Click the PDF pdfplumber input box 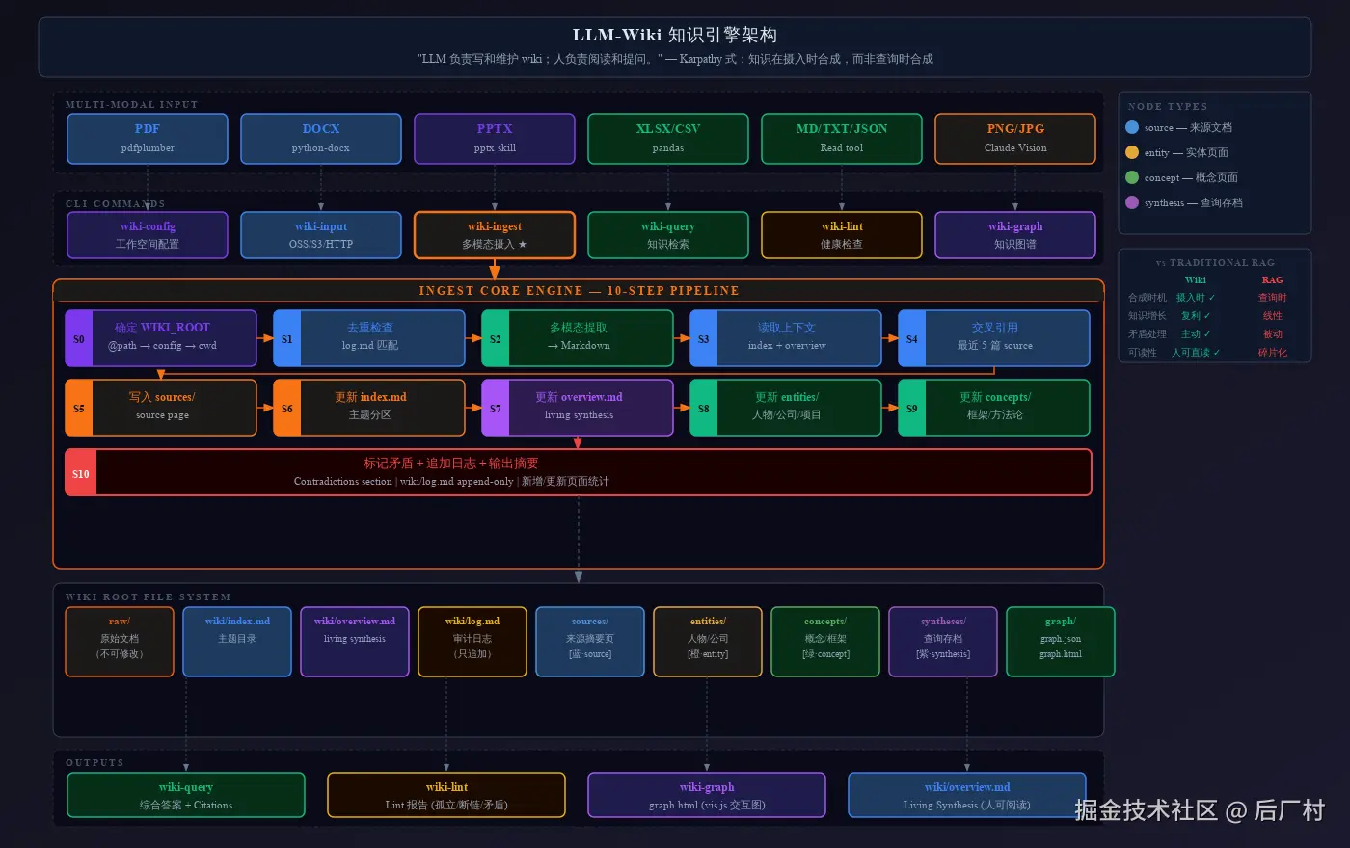(148, 139)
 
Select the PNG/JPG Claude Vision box (1014, 139)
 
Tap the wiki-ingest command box (495, 235)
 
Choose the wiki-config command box (148, 235)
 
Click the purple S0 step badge (78, 338)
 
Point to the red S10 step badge (80, 473)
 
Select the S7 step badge (495, 408)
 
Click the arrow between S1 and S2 (473, 338)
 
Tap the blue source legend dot (1132, 127)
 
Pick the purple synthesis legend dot (1132, 202)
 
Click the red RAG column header (1272, 280)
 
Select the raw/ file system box (120, 641)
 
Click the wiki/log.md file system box (472, 641)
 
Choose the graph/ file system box (1060, 641)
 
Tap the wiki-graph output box (707, 795)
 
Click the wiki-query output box (186, 795)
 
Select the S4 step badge (911, 338)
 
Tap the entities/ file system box (708, 641)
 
